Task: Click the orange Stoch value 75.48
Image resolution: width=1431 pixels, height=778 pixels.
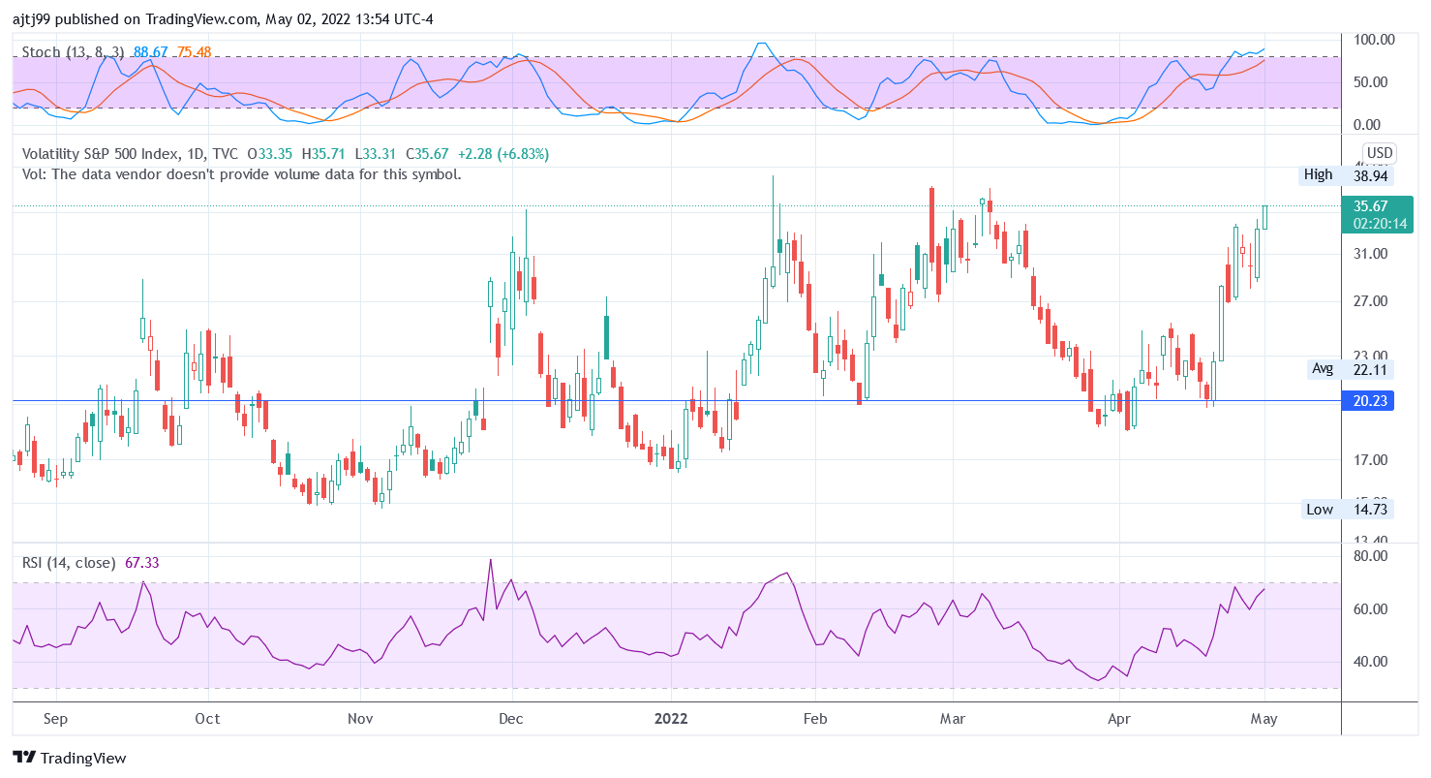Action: click(194, 51)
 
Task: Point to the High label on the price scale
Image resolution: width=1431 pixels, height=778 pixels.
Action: click(1318, 174)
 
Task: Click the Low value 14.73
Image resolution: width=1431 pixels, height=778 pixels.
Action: click(1370, 510)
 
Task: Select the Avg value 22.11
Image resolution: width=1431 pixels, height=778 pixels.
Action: click(1370, 368)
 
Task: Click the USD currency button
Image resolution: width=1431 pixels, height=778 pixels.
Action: click(1379, 153)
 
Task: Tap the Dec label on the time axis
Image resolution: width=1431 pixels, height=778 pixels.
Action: click(510, 718)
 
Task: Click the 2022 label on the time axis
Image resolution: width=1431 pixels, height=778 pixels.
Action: click(671, 718)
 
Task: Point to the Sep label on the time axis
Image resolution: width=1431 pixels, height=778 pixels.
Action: click(56, 718)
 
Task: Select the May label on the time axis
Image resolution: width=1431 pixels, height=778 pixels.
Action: click(1264, 718)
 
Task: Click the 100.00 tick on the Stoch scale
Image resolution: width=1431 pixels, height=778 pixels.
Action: click(1374, 40)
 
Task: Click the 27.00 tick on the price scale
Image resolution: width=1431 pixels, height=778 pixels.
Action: click(1370, 301)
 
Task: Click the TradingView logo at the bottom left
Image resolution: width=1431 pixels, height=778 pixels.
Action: click(70, 758)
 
